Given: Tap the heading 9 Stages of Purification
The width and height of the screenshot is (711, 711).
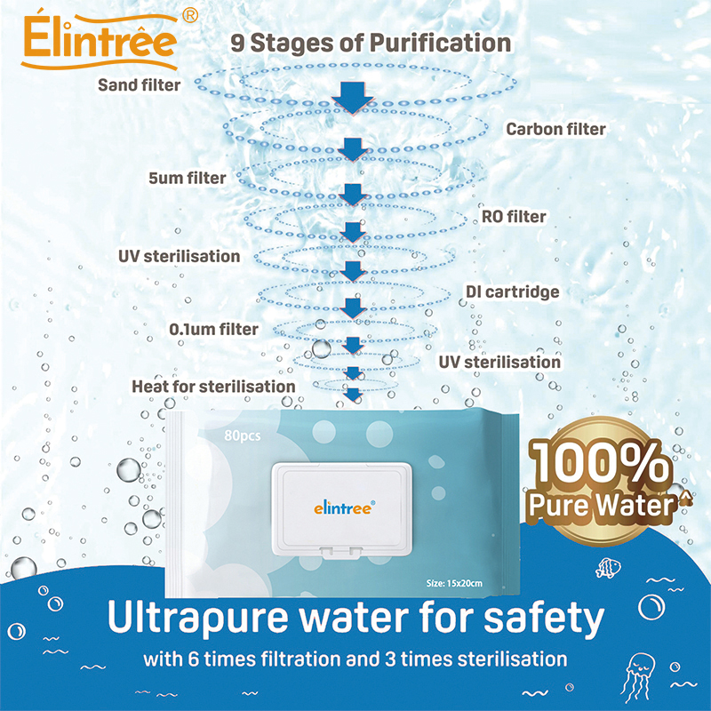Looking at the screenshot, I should pos(371,42).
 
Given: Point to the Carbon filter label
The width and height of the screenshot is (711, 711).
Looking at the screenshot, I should pos(555,129).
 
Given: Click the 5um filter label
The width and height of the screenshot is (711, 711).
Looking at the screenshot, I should pos(187,178).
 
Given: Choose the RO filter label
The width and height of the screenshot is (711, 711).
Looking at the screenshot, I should pos(513,216).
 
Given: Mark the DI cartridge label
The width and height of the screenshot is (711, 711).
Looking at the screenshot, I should pos(513,292).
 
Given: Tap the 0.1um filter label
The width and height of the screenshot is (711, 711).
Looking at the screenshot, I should pos(213,330).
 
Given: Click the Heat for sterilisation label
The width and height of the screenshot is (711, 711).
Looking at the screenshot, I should pos(213,387).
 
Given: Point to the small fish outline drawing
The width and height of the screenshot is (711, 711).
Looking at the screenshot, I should pos(607,565).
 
